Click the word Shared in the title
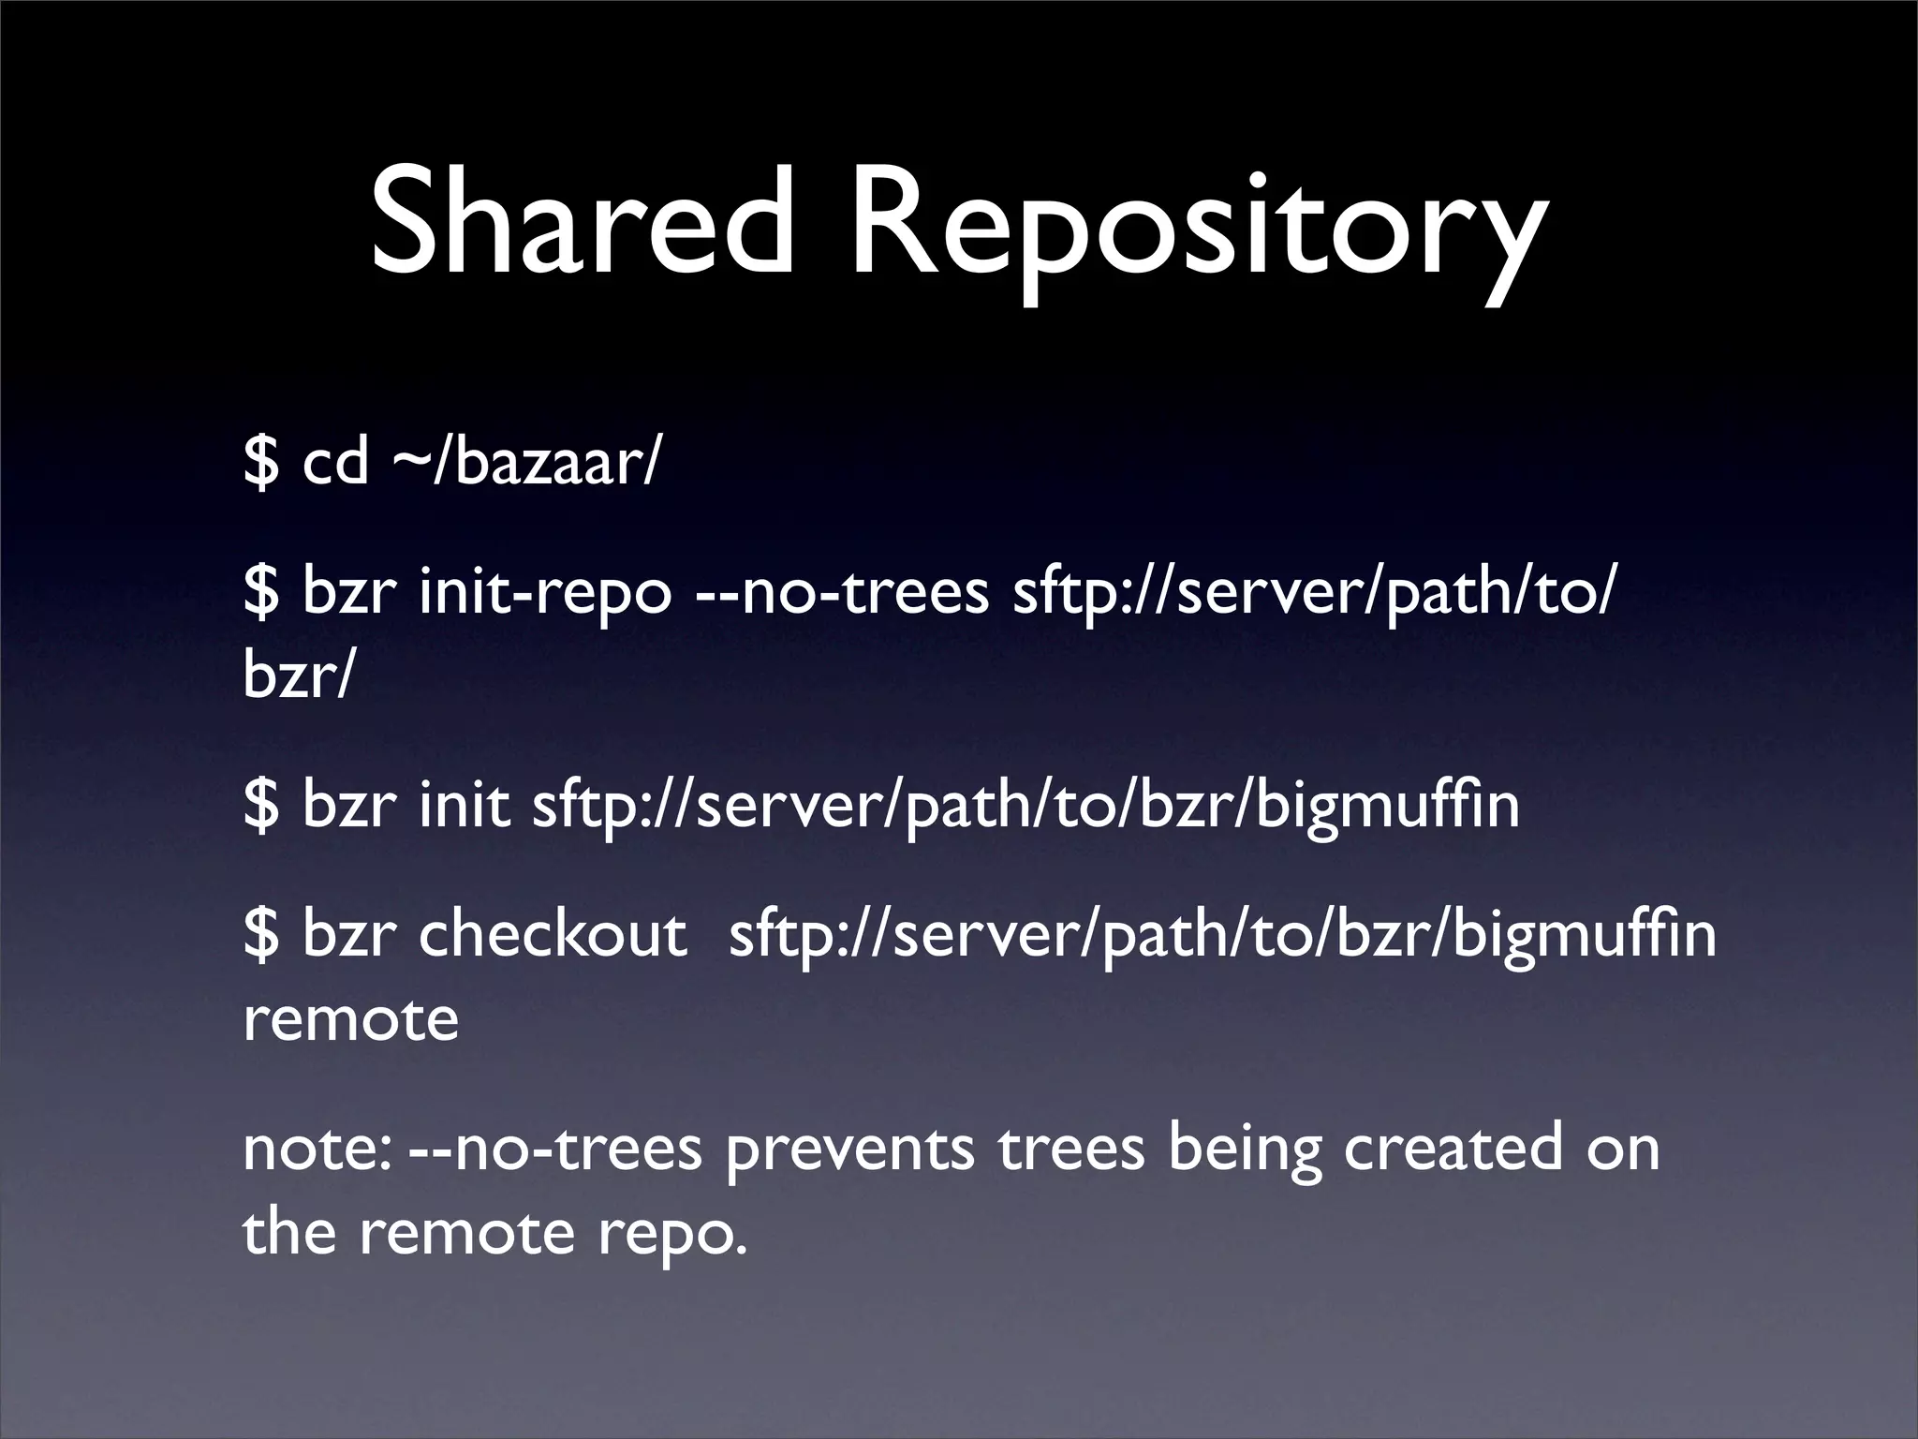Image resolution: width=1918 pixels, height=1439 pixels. tap(582, 226)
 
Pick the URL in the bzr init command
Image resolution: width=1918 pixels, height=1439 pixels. tap(1025, 806)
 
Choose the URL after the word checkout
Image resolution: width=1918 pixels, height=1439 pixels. tap(1222, 935)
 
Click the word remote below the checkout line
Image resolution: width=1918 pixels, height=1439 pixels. tap(351, 1018)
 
